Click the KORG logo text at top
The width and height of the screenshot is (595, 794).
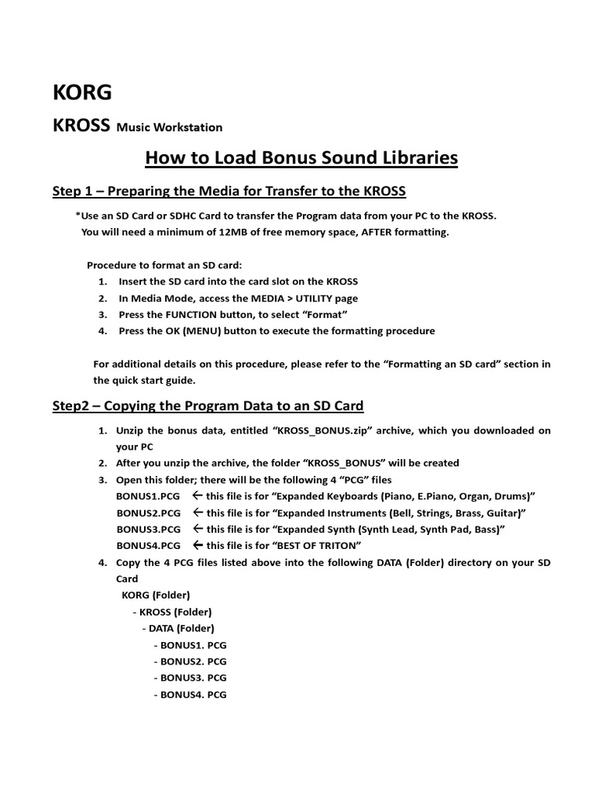(81, 92)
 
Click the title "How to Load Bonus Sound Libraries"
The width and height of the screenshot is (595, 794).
(301, 159)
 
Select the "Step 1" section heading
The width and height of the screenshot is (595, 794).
(229, 192)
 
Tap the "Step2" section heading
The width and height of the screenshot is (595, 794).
(208, 406)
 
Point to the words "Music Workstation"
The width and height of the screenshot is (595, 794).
(169, 127)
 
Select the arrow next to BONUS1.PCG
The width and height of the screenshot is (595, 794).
(198, 495)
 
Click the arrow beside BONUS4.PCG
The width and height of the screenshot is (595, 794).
(198, 545)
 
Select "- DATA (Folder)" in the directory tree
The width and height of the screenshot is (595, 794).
(178, 628)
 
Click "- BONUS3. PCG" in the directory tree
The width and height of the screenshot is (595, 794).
(190, 678)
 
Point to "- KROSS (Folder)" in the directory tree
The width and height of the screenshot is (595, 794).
(172, 612)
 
